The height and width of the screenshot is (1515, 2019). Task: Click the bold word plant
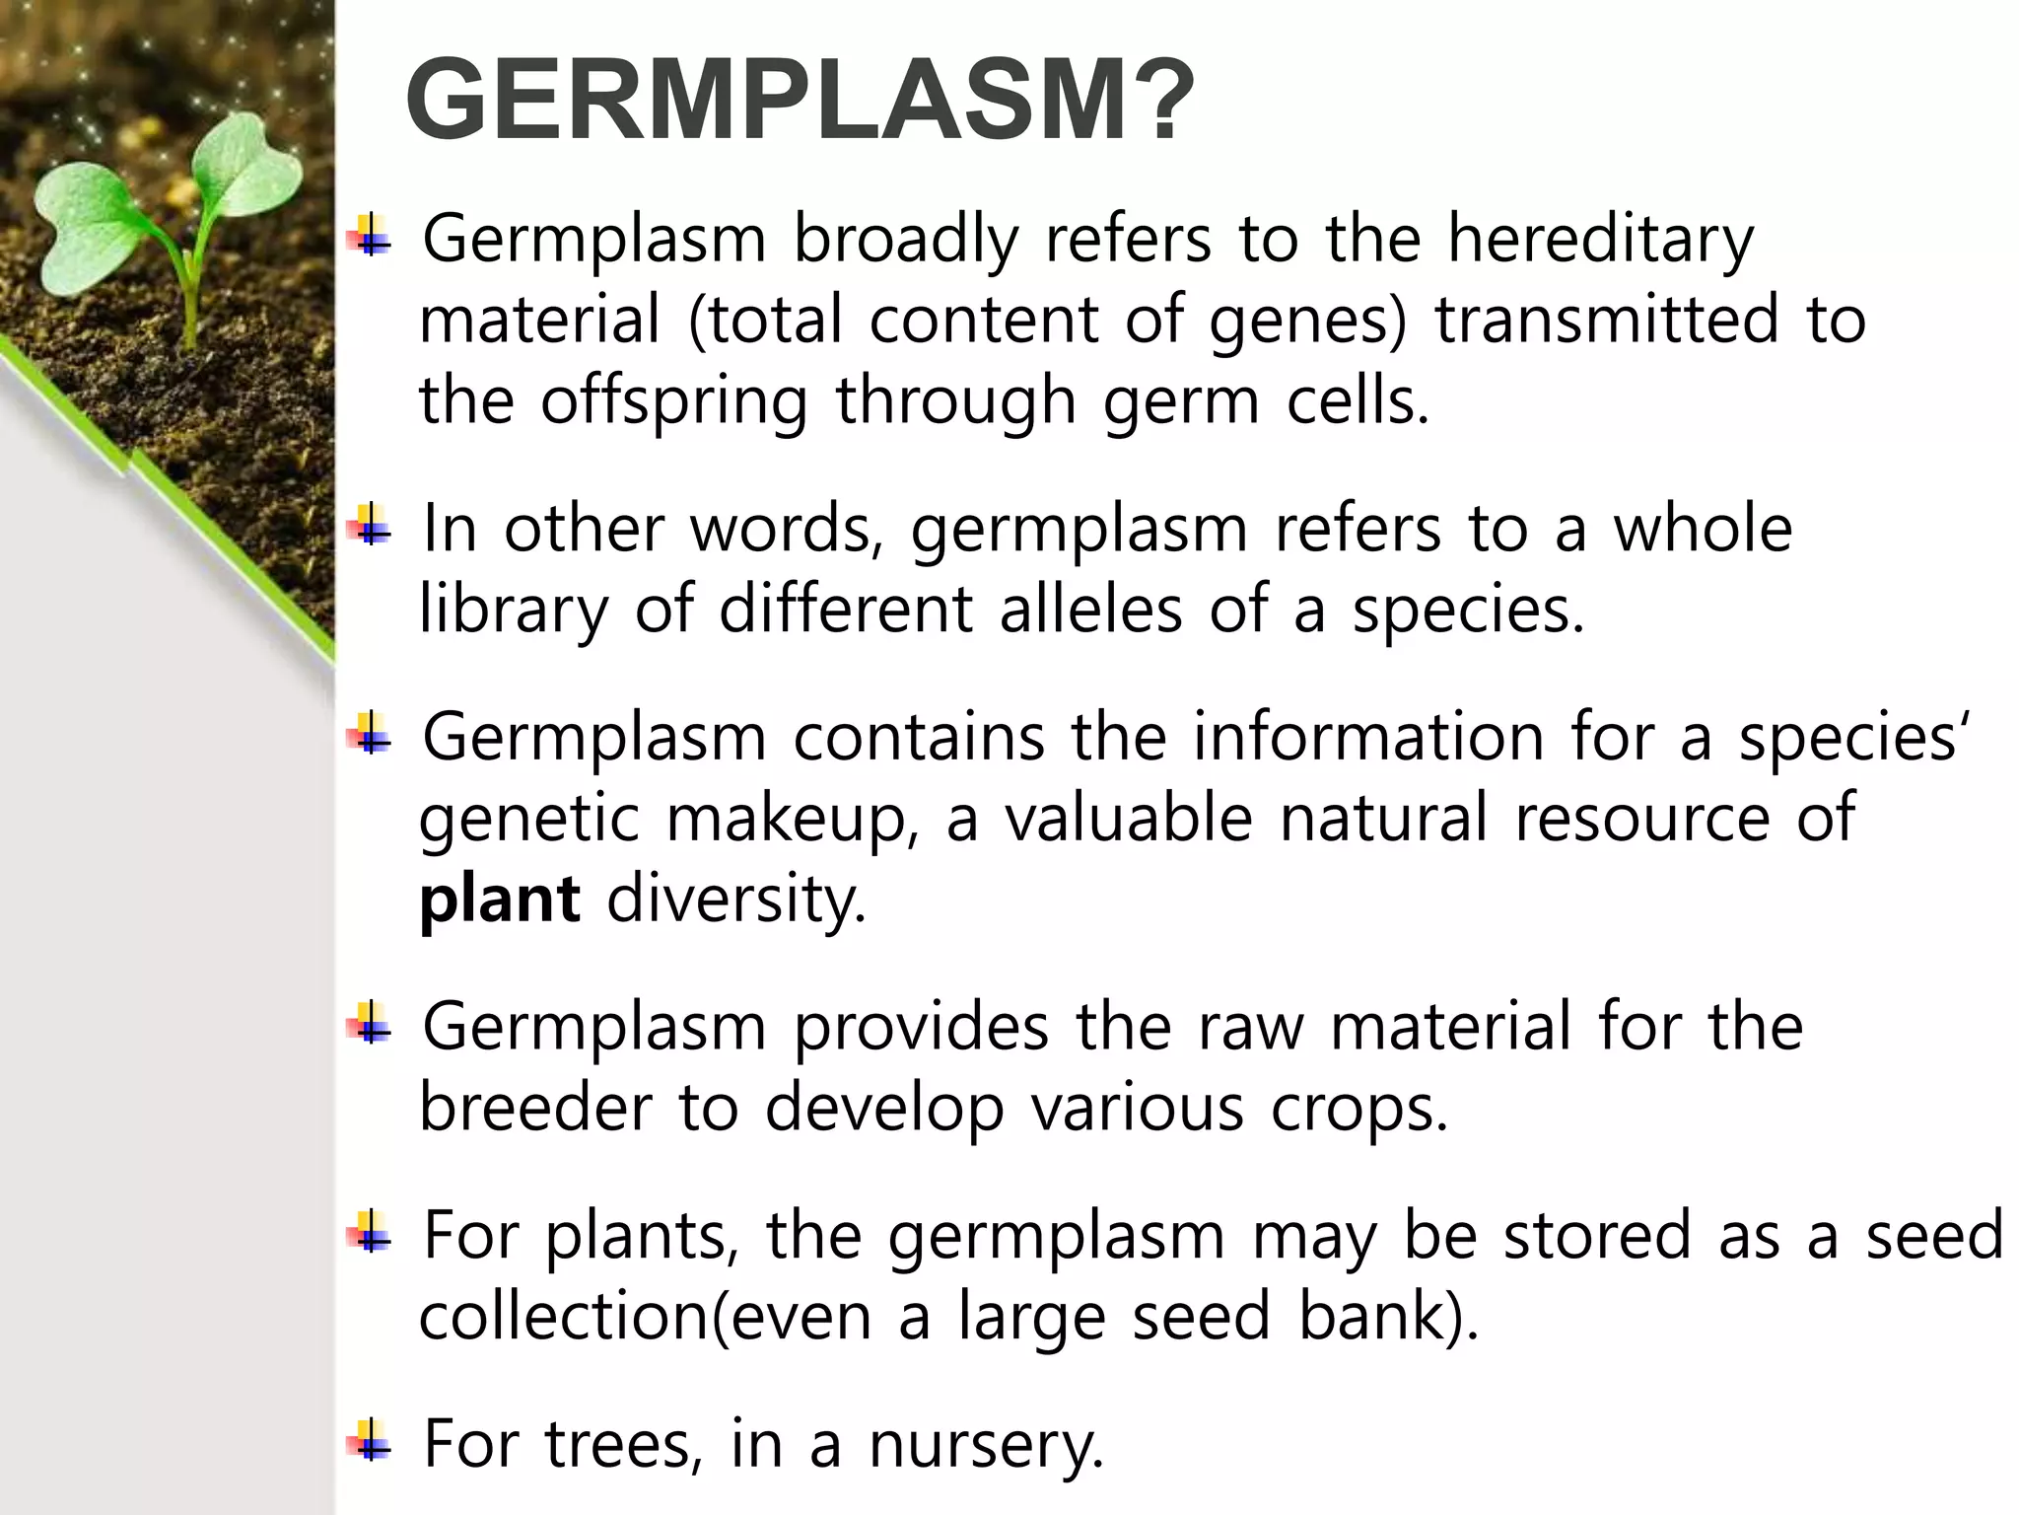coord(499,900)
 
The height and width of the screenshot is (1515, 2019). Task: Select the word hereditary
coord(1600,240)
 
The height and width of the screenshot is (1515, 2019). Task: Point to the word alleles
coord(1090,610)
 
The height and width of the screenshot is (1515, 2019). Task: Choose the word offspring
coord(673,402)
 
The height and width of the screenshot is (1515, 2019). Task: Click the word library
coord(514,610)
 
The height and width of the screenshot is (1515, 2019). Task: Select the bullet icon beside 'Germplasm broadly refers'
coord(370,236)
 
